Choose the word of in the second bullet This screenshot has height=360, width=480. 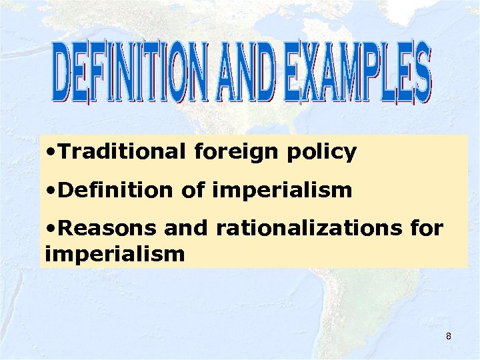tap(193, 191)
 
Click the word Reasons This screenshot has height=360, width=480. tap(107, 229)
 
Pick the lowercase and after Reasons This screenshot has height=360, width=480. tap(186, 229)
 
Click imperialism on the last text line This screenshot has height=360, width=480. tap(114, 253)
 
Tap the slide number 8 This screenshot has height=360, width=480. tap(449, 336)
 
